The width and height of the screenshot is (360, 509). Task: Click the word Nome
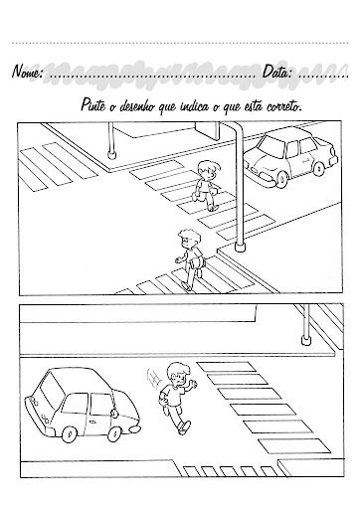27,71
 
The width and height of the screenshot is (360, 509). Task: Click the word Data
277,72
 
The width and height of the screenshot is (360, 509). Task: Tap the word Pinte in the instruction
93,105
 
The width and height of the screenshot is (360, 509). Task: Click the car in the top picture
291,156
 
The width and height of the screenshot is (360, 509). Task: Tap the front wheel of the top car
282,178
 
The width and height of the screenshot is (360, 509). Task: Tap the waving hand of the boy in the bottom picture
192,385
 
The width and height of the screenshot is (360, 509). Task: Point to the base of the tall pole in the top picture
240,247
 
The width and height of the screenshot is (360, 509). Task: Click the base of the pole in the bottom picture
305,340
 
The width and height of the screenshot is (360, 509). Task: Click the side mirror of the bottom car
113,414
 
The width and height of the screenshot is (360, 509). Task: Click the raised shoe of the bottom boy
185,427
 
